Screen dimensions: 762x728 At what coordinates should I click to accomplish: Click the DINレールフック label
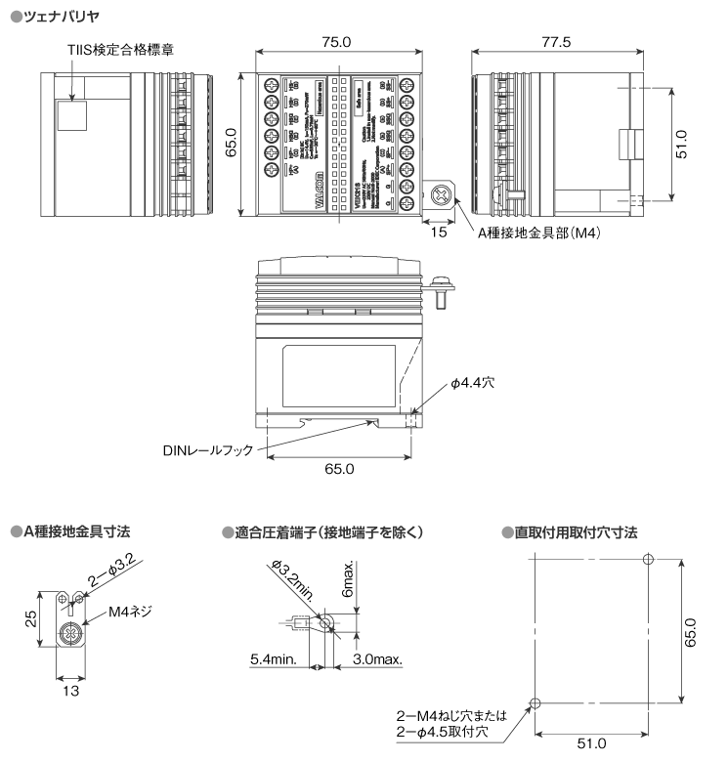(x=208, y=450)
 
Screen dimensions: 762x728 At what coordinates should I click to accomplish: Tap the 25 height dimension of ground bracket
(x=31, y=618)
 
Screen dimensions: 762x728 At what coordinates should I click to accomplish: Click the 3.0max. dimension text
(x=376, y=659)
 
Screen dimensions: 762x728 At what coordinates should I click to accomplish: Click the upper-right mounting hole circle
(x=647, y=558)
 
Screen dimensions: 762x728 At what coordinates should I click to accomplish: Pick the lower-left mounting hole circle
(x=534, y=703)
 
